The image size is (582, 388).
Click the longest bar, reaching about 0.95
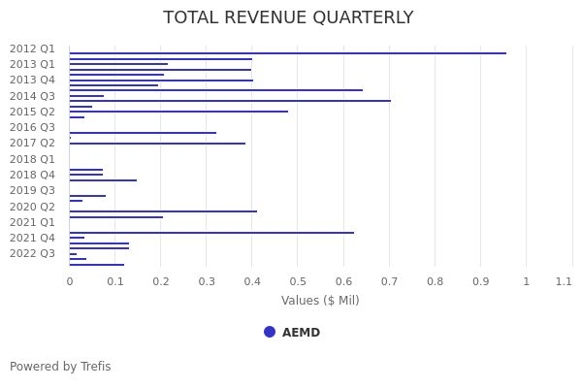[287, 53]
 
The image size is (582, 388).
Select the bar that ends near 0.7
[230, 101]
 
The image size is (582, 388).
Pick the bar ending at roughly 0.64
[215, 90]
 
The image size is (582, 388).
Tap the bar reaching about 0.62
[211, 233]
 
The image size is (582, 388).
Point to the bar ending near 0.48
[178, 112]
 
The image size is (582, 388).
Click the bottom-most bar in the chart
[96, 265]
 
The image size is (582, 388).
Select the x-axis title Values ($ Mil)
[320, 301]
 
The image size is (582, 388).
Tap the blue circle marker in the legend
[270, 332]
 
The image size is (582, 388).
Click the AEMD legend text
[301, 333]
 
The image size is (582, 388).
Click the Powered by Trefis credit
[60, 367]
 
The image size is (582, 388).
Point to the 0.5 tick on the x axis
[298, 281]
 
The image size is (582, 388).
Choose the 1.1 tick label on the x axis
[564, 281]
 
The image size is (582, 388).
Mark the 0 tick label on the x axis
[69, 281]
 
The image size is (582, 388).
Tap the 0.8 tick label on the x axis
[435, 281]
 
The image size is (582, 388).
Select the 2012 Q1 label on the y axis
[32, 48]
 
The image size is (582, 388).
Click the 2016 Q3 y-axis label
[32, 127]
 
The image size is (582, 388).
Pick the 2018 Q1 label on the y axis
[32, 159]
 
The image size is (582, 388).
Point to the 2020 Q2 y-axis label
[32, 207]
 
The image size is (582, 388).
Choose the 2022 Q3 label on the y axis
[32, 253]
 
